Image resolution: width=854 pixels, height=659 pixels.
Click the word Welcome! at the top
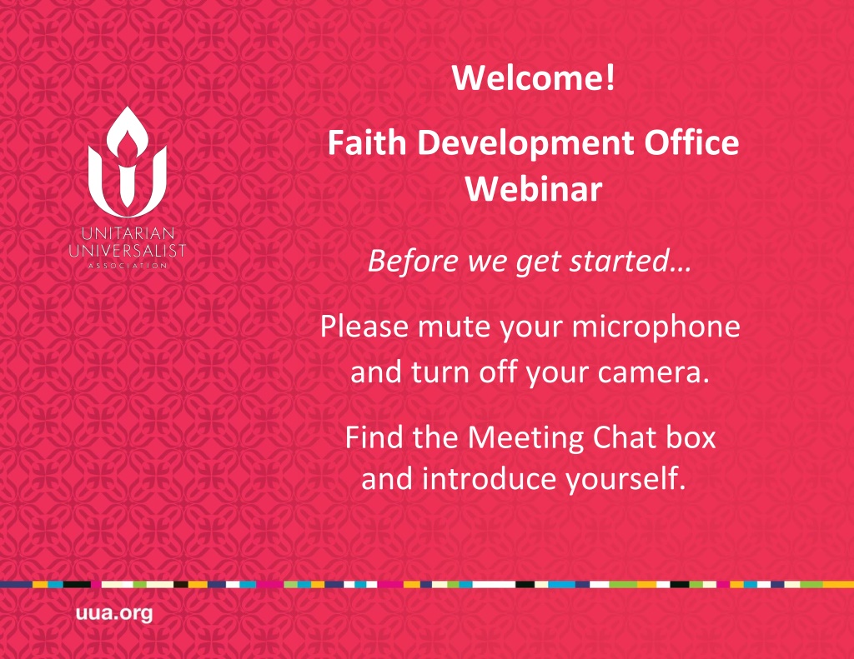point(533,77)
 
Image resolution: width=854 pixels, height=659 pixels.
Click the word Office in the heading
point(691,142)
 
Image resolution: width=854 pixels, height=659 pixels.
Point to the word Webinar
point(534,189)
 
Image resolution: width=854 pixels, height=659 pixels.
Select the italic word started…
point(630,261)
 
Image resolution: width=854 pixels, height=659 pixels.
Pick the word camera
point(654,372)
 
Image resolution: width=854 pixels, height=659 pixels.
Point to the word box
point(691,437)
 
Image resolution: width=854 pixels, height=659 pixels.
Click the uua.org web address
point(114,613)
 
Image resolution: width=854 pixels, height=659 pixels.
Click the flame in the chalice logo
point(128,131)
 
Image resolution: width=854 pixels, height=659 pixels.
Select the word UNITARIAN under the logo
point(128,233)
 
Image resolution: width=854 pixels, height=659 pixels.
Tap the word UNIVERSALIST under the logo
point(128,250)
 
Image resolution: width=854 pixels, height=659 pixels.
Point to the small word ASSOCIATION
point(128,266)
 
